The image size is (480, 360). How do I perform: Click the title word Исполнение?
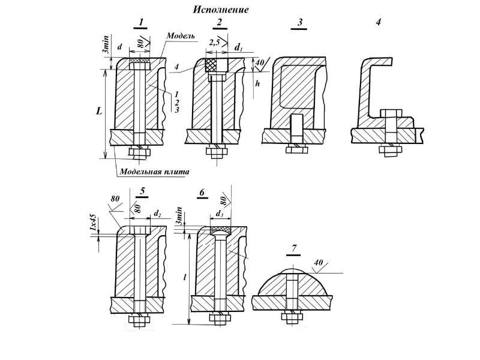point(220,10)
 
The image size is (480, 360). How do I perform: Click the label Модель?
point(181,35)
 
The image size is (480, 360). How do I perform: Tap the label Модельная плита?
point(154,172)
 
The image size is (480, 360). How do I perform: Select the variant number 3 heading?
point(300,22)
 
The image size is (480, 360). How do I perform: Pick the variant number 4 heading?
point(379,22)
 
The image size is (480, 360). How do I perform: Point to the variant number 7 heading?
point(294,248)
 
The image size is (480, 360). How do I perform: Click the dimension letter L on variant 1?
point(98,111)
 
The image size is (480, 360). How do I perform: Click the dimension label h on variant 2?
point(257,83)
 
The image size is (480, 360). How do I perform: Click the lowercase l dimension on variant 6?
point(185,278)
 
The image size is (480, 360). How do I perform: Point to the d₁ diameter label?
point(238,47)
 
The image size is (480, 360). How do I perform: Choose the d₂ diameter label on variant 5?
point(157,214)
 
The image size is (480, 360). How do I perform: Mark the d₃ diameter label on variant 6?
point(220,214)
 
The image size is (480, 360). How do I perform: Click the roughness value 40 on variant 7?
point(319,263)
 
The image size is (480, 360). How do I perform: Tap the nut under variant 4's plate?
point(391,151)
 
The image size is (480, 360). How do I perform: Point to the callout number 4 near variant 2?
point(176,68)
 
